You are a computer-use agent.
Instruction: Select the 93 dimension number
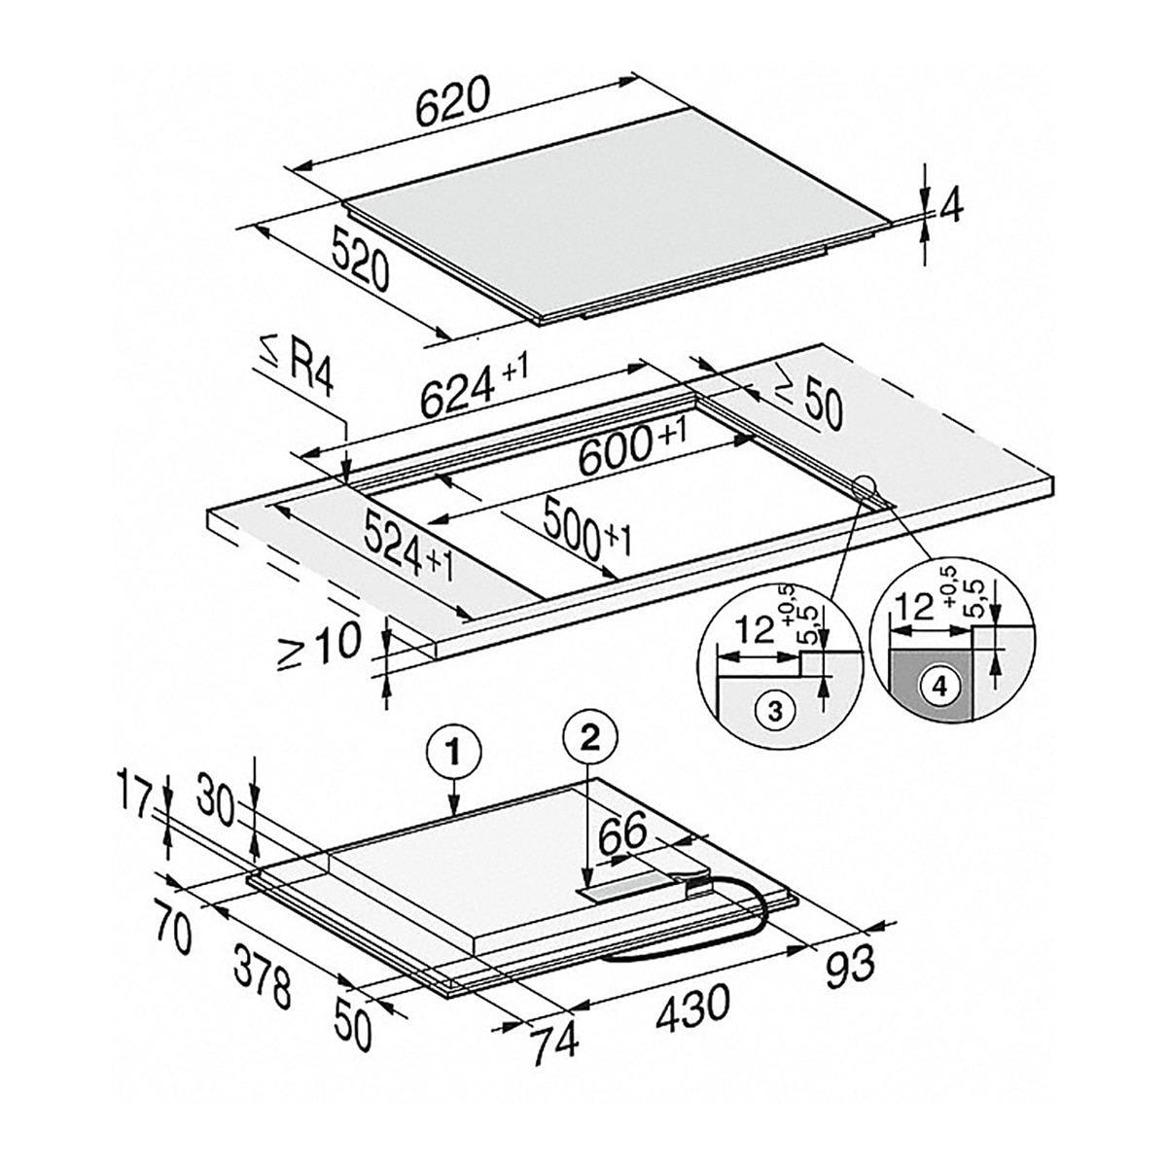pos(851,961)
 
